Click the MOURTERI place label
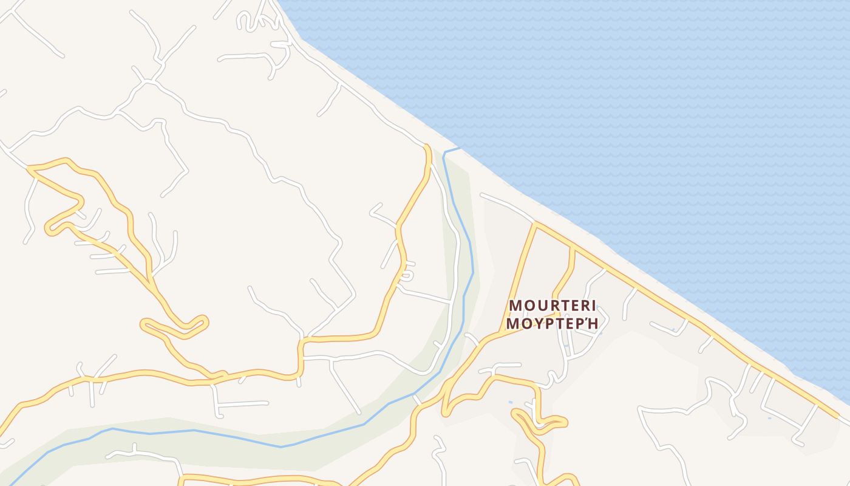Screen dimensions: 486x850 pos(552,306)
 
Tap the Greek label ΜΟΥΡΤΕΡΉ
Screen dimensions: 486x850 pos(552,323)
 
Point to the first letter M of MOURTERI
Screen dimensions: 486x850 pos(515,306)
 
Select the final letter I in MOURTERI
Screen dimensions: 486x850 pos(593,306)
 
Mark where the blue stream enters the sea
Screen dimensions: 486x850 pos(459,148)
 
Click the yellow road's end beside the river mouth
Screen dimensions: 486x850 pos(427,146)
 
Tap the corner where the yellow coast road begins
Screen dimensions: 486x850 pos(535,224)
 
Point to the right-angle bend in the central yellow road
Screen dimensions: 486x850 pos(301,341)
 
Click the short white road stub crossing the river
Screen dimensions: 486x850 pos(416,400)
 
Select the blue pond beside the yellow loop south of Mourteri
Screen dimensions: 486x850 pos(510,402)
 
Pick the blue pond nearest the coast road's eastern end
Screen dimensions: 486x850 pos(769,418)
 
